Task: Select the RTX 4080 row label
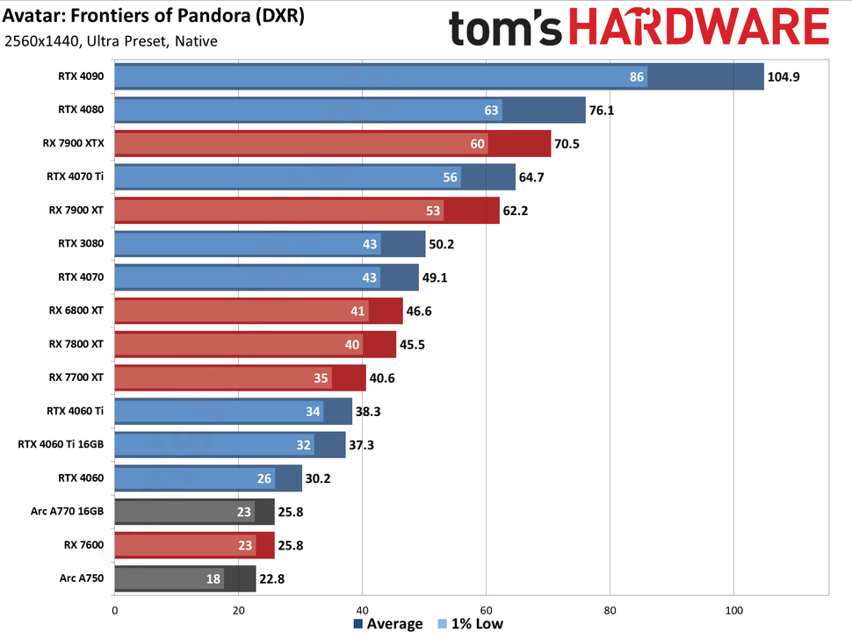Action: click(81, 110)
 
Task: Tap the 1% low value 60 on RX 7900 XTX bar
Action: click(477, 144)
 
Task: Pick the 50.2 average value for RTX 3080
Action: click(444, 244)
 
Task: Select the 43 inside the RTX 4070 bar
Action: click(369, 277)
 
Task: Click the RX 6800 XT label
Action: click(77, 310)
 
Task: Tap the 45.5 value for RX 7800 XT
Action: click(414, 344)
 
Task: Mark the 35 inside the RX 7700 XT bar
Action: click(321, 378)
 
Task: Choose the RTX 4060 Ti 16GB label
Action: click(61, 444)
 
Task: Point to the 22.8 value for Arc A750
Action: click(273, 578)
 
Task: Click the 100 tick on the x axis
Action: click(733, 610)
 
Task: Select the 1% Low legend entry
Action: click(469, 624)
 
